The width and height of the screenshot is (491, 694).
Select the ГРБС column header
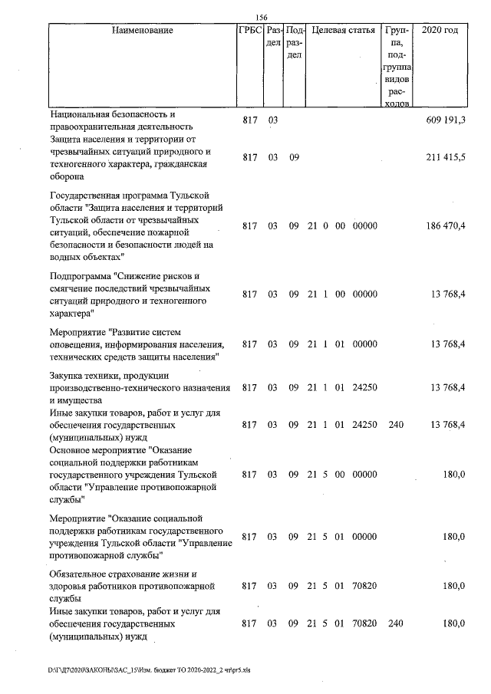coord(250,31)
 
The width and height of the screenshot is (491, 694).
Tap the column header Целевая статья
coord(343,31)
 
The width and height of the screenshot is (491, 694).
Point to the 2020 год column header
coord(440,31)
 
